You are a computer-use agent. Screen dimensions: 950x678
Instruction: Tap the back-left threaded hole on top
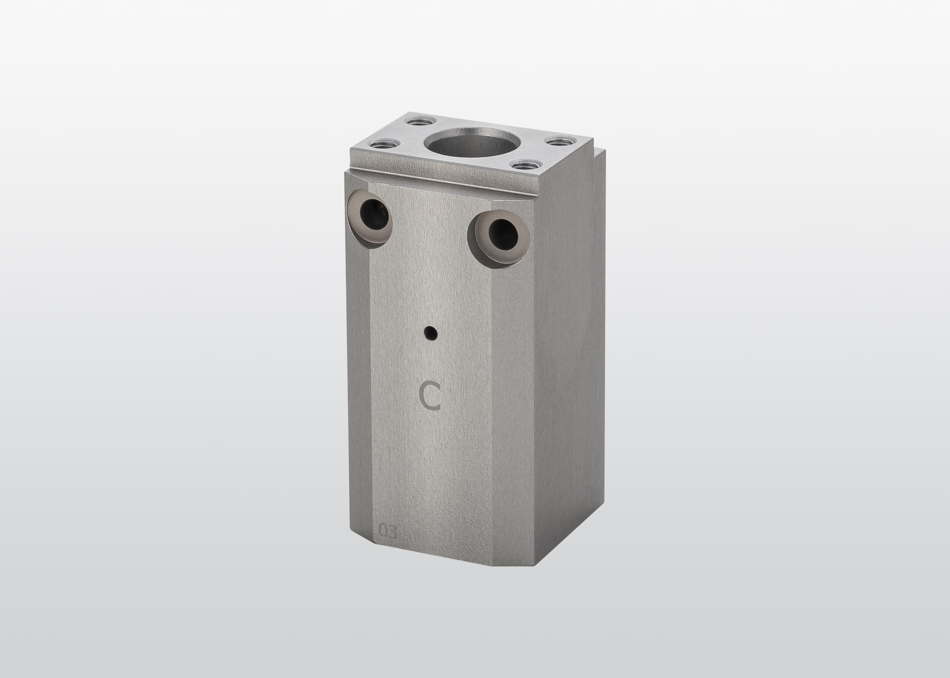point(421,122)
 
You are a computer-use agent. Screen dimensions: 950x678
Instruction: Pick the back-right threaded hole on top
point(559,142)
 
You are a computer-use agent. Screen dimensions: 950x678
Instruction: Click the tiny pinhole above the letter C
point(431,333)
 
